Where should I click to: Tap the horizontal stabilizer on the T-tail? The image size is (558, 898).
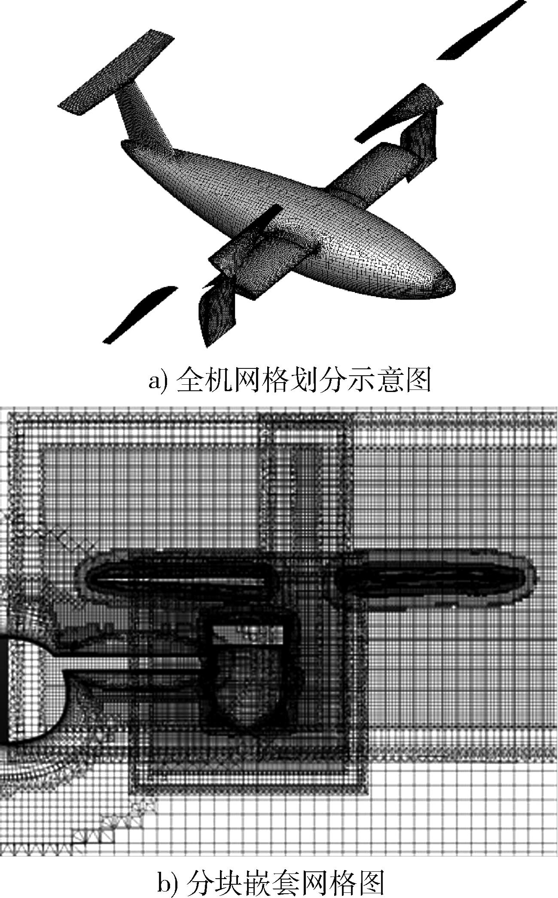[x=116, y=72]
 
